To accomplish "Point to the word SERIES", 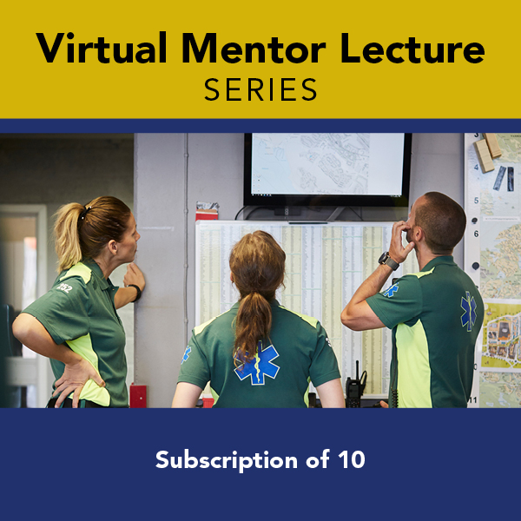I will (x=260, y=89).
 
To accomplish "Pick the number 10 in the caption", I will (x=349, y=460).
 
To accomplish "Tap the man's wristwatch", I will (x=389, y=260).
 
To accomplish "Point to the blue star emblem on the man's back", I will (x=468, y=311).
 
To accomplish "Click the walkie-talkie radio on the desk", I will (x=355, y=386).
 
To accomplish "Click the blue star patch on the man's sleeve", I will (x=392, y=290).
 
